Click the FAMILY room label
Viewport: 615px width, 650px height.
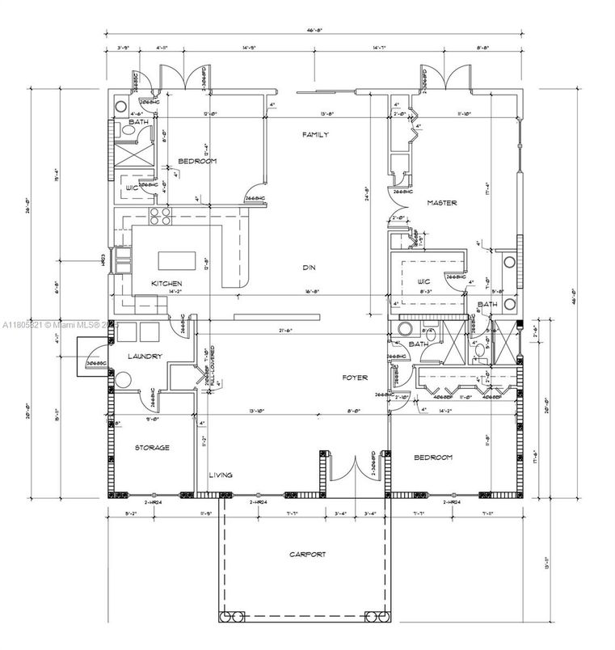(314, 135)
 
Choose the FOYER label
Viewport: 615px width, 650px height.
(354, 378)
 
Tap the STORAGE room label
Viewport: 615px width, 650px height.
(151, 447)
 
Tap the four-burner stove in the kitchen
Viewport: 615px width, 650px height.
(159, 216)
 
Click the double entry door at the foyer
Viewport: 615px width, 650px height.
(351, 472)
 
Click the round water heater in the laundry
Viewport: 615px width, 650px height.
(123, 381)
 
